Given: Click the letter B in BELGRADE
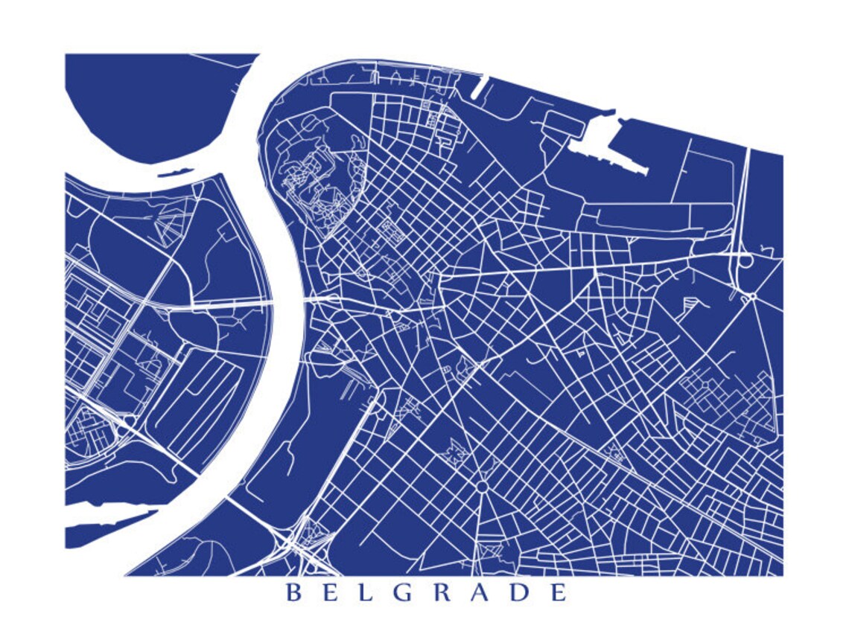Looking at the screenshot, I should [294, 593].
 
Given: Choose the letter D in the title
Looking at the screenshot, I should [520, 593].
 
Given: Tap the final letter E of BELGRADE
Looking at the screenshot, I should [558, 593].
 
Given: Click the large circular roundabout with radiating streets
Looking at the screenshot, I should [482, 486].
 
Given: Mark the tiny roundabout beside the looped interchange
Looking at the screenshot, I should [752, 295].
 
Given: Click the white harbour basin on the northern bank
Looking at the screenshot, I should [611, 146].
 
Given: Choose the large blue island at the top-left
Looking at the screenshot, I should [156, 104].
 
